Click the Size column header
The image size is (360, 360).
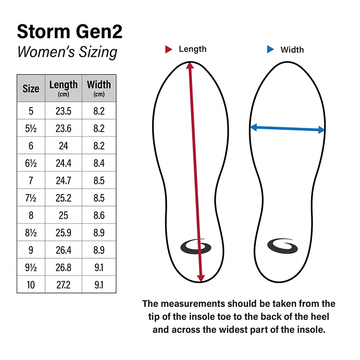tap(31, 89)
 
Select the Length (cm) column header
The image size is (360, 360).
tap(63, 88)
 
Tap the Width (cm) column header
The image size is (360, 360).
tap(99, 88)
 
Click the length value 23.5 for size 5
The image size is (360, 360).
tap(63, 111)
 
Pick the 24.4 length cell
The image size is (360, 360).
tap(63, 163)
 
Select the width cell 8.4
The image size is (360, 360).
tap(99, 163)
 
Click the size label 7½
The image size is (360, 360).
tap(31, 198)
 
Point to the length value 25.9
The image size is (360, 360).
tap(63, 233)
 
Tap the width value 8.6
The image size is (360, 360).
tap(99, 216)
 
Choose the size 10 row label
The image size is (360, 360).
tap(31, 285)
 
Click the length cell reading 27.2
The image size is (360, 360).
tap(63, 285)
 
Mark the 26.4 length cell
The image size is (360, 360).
tap(63, 250)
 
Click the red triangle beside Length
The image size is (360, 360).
tap(168, 49)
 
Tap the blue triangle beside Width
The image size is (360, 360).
tap(270, 49)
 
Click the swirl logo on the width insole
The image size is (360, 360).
tap(283, 246)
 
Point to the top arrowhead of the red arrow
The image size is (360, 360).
tap(190, 65)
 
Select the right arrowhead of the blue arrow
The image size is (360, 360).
tap(321, 130)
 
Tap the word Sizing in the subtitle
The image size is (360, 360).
tap(98, 52)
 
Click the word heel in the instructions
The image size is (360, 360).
tap(320, 317)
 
